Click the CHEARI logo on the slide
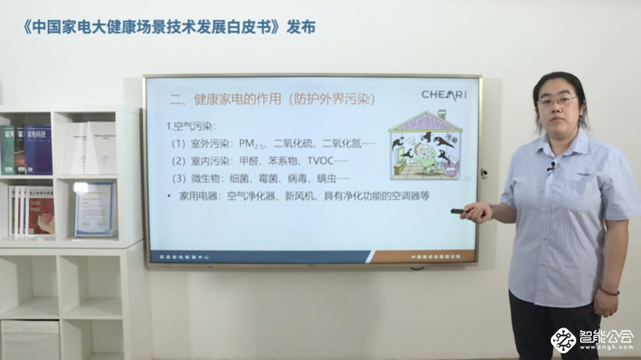444,95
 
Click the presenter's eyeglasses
557,101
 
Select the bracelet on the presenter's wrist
609,291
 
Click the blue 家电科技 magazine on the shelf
38,150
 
